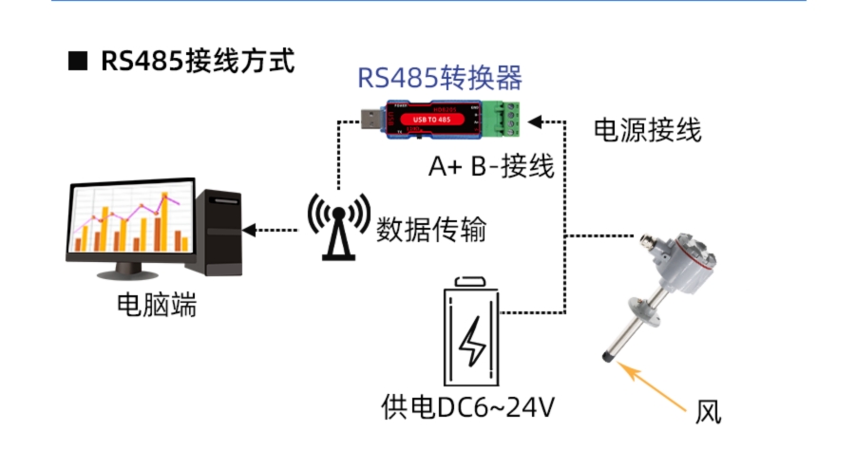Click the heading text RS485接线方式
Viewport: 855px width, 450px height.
198,62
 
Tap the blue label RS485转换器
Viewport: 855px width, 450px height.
440,78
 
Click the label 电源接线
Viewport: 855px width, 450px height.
647,130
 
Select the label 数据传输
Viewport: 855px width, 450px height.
431,229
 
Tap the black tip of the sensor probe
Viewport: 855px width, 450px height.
605,359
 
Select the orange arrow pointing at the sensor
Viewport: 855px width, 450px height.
658,388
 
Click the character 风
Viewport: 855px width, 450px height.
708,412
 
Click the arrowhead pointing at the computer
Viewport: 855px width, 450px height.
250,230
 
